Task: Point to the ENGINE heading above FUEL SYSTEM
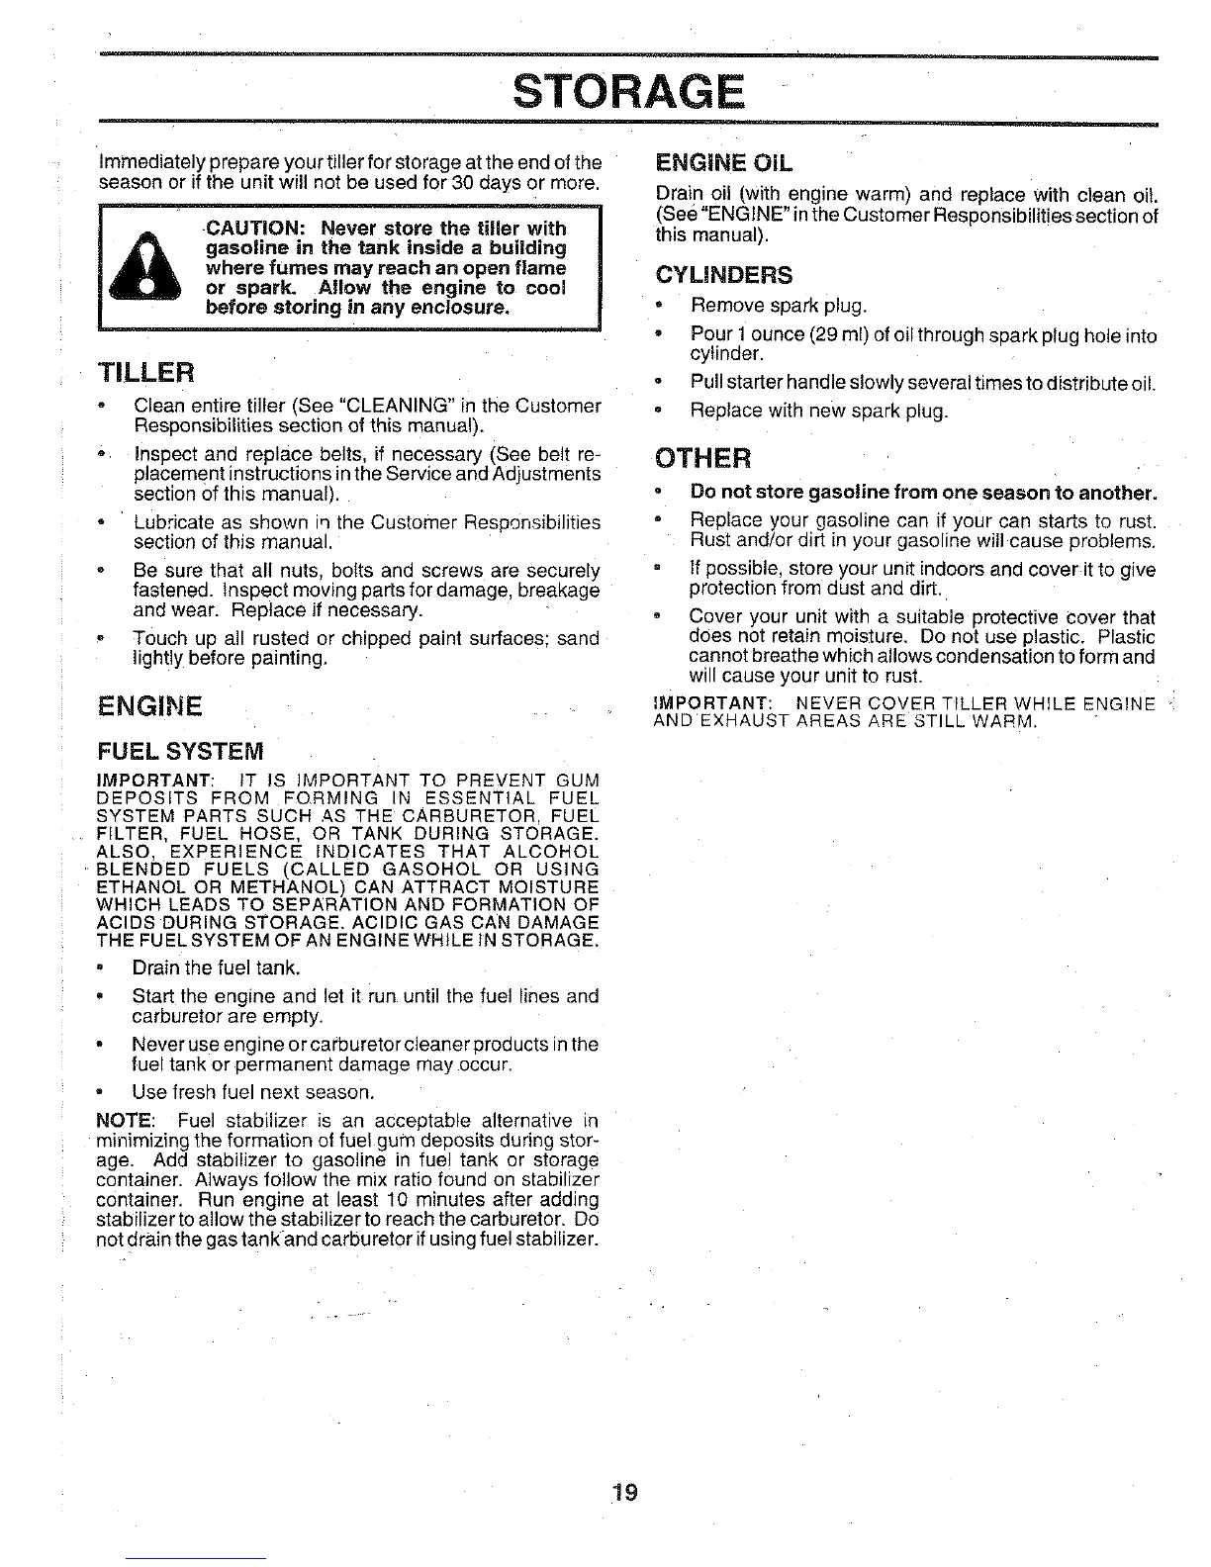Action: (150, 706)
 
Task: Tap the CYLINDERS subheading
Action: (723, 274)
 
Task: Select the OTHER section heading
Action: (703, 459)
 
